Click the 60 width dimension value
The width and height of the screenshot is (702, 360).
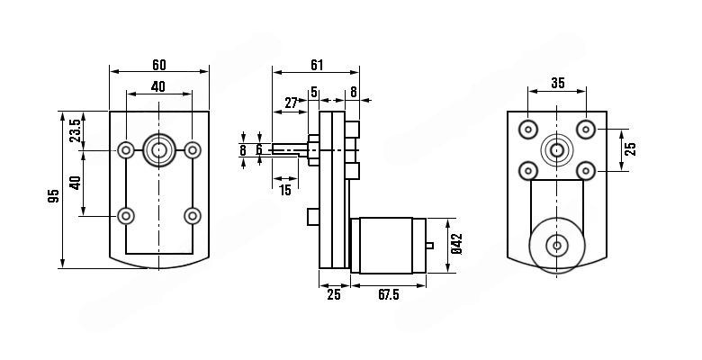click(158, 65)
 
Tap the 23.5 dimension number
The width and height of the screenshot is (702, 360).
click(75, 130)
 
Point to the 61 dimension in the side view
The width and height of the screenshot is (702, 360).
click(317, 65)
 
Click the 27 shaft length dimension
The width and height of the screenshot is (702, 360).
click(292, 103)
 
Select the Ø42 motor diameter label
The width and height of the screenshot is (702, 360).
click(456, 245)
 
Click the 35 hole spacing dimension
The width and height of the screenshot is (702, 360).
click(557, 83)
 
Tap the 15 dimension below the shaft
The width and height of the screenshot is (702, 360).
click(285, 190)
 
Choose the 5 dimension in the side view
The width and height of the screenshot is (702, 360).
click(314, 91)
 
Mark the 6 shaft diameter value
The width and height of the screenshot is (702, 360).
click(258, 149)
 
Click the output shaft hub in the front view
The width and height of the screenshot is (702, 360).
click(159, 149)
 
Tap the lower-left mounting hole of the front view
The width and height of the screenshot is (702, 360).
click(126, 215)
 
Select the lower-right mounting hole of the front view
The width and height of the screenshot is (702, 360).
click(192, 215)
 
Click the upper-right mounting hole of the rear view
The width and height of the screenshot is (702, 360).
click(586, 129)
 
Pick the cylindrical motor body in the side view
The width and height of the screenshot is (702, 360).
click(387, 245)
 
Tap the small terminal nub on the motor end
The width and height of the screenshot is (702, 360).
click(431, 245)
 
